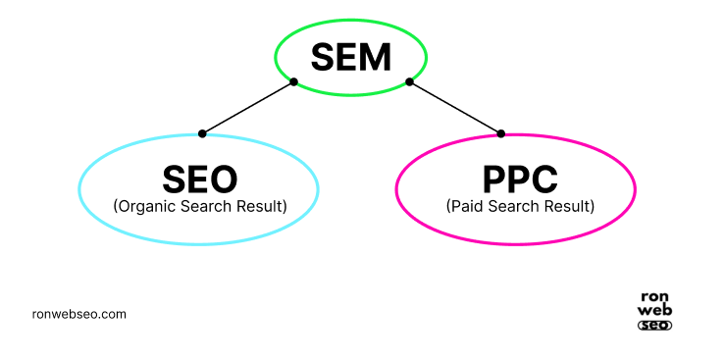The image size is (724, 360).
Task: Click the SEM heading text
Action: tap(350, 59)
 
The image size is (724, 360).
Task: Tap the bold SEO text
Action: tap(199, 180)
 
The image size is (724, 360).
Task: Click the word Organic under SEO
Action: tap(143, 206)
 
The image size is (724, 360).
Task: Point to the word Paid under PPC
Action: tap(466, 206)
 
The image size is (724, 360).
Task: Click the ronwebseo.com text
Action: tap(78, 315)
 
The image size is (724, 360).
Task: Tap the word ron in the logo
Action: tap(654, 297)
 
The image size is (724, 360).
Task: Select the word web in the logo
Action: tap(654, 311)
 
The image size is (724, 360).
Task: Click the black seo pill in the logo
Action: tap(654, 325)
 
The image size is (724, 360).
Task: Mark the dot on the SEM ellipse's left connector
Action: tap(293, 81)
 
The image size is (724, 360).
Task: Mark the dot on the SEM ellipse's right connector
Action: tap(409, 81)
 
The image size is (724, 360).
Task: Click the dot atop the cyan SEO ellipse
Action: tap(202, 133)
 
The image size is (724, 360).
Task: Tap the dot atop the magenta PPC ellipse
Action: tap(501, 133)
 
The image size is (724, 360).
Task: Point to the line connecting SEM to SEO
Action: tap(247, 108)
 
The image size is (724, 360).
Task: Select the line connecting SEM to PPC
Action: tap(455, 108)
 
